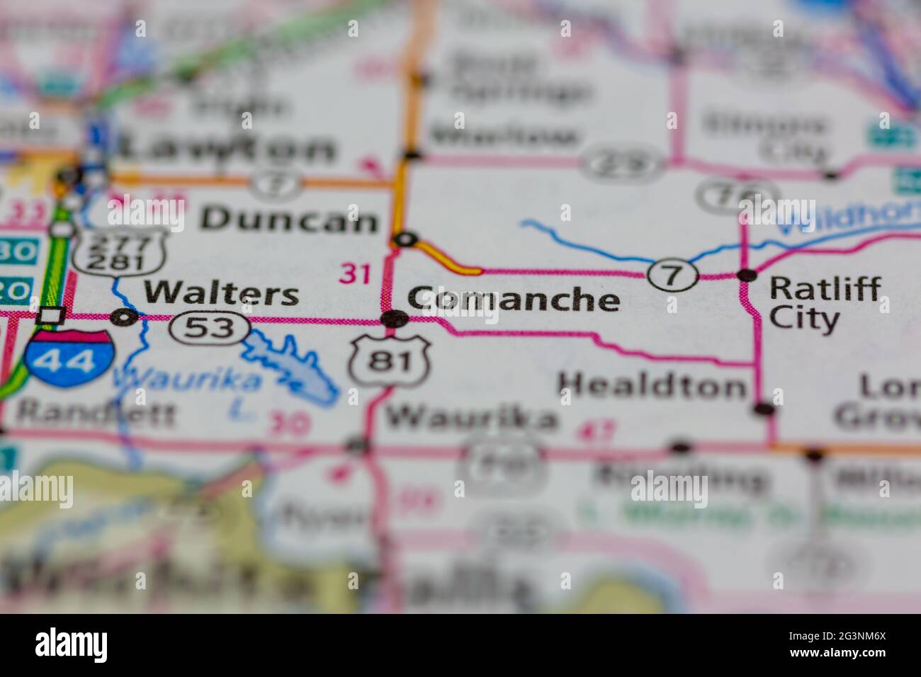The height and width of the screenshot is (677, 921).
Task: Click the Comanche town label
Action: (514, 300)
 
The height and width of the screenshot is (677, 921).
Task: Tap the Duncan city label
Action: (289, 220)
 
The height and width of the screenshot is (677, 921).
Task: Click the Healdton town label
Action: (652, 387)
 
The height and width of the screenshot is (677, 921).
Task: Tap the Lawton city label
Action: (227, 149)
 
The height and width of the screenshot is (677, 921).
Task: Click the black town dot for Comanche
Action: (393, 319)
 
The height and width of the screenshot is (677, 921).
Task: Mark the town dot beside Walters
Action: (126, 317)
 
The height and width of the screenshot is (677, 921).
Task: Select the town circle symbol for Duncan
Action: (405, 239)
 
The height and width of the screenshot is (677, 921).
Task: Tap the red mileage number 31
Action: (356, 273)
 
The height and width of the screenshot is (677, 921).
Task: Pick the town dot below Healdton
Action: (764, 409)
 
